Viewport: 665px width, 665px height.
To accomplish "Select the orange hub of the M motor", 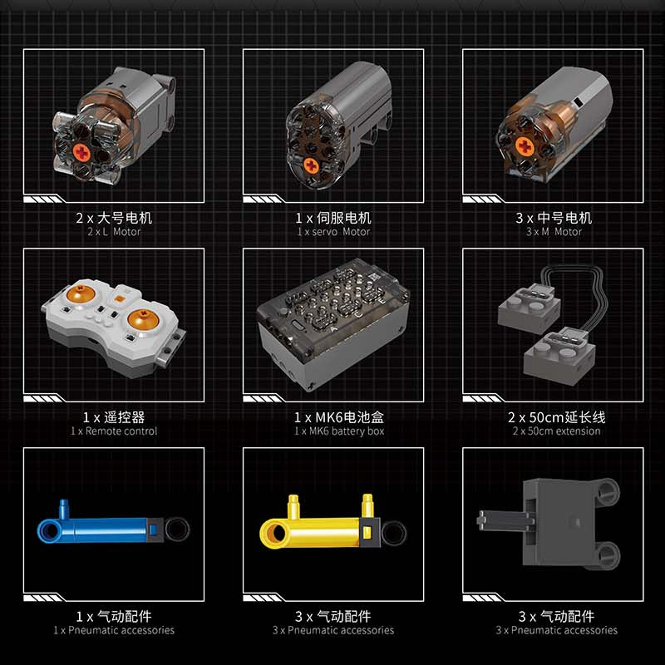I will tap(525, 147).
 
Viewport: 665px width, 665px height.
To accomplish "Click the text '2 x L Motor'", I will tap(113, 232).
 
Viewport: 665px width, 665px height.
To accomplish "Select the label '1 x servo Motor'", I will tap(332, 232).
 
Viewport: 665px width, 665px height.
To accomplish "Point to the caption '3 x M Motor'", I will tap(554, 232).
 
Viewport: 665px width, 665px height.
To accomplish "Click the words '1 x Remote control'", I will tap(113, 431).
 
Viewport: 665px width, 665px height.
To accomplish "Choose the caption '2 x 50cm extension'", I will tap(555, 431).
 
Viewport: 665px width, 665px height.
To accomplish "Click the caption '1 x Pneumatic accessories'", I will tap(113, 630).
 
